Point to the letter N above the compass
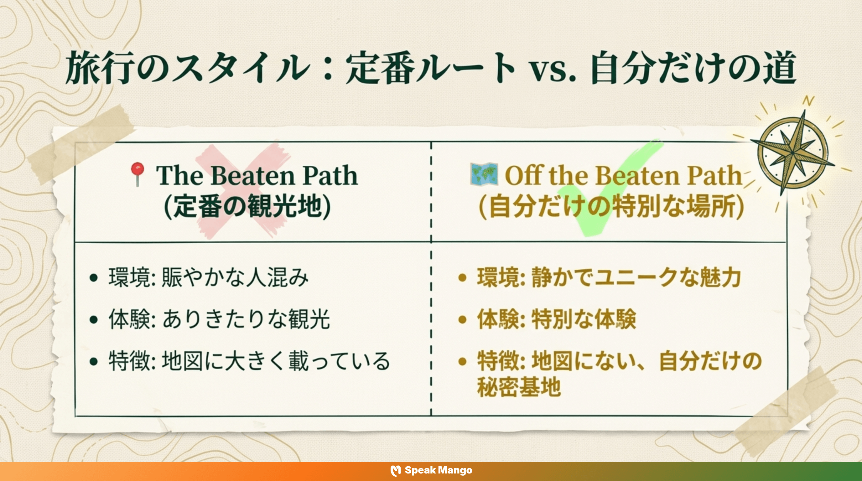808,100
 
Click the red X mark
241,191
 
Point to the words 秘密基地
519,387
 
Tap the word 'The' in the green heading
179,175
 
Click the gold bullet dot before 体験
462,319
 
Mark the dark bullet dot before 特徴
94,361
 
